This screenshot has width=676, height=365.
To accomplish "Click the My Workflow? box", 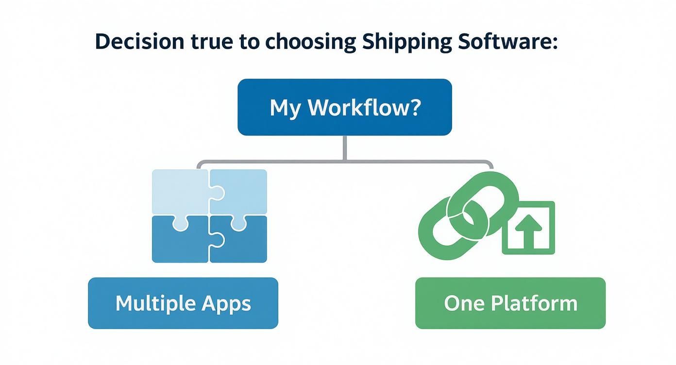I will click(x=344, y=107).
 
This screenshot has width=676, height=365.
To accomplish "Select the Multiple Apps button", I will click(x=183, y=303).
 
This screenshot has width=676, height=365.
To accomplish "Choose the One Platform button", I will click(x=510, y=303).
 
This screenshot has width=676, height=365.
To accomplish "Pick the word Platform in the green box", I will click(x=534, y=303).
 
